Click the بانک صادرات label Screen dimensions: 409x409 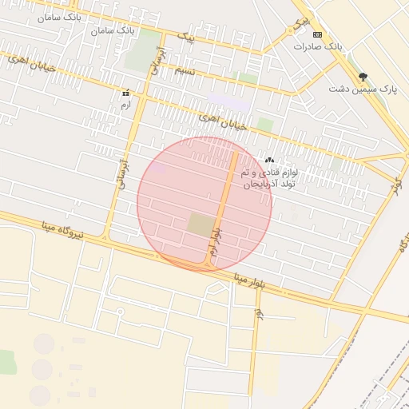(317, 47)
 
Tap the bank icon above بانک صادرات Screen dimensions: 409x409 (317, 34)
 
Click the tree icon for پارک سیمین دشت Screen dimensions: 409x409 (363, 77)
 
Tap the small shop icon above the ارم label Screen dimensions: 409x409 (125, 92)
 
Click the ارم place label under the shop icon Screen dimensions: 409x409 (125, 105)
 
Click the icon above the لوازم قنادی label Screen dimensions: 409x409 (269, 161)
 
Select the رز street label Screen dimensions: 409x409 (259, 317)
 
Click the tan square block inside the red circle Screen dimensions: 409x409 (201, 224)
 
